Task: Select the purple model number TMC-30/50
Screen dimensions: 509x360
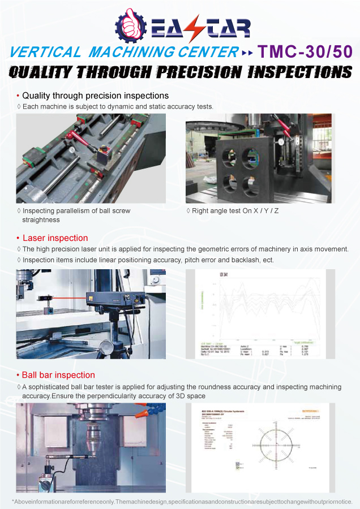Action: (x=305, y=52)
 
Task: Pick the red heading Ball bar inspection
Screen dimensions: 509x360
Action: (x=58, y=375)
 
